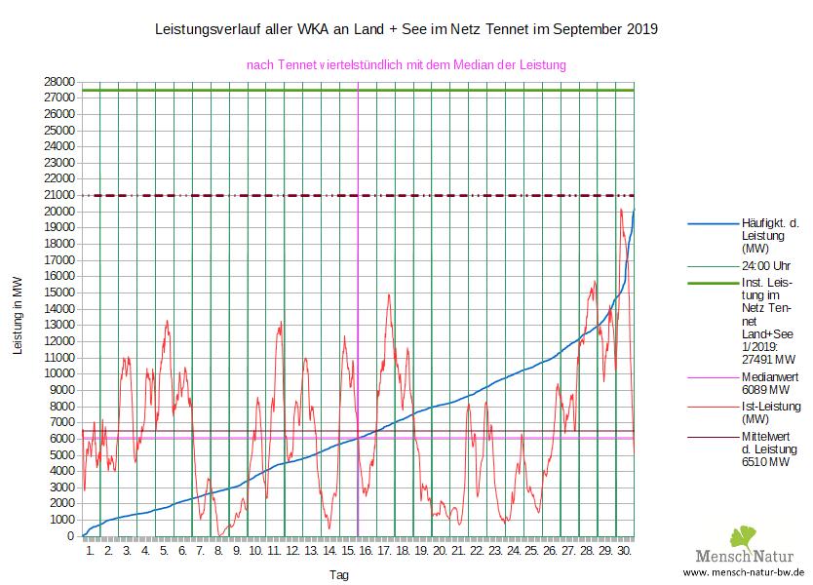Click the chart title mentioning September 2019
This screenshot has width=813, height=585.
[x=406, y=29]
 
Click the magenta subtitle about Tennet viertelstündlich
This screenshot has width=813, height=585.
[x=406, y=65]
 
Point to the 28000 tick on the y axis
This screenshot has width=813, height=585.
[x=60, y=82]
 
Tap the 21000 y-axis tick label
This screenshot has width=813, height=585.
[x=60, y=196]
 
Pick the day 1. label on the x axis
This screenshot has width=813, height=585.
[x=91, y=551]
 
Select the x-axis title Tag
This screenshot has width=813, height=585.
[x=338, y=575]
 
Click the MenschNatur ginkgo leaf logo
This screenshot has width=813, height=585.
[x=742, y=537]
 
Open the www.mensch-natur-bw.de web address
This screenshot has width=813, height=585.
[x=744, y=572]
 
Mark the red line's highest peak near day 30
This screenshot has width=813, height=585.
[x=621, y=209]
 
